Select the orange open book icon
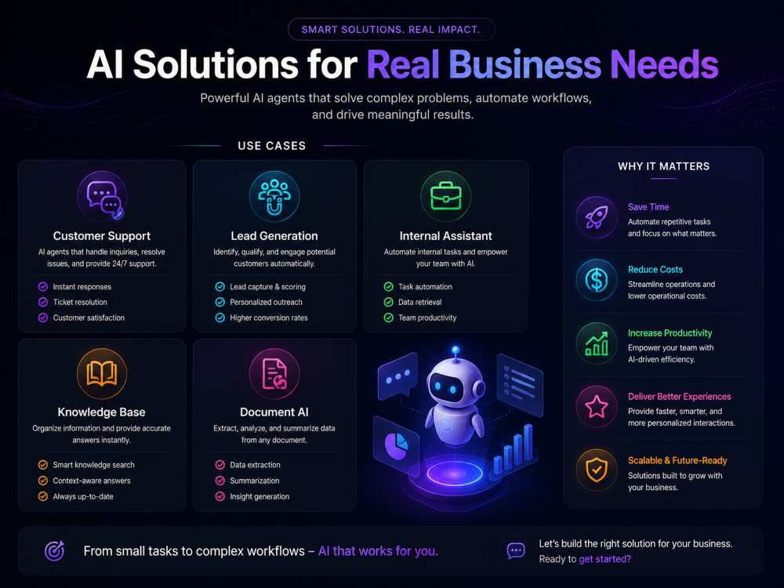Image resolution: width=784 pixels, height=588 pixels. [102, 373]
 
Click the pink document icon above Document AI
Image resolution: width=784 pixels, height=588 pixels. [274, 373]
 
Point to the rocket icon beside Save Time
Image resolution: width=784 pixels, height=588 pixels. [597, 217]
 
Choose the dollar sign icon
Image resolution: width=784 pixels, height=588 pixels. [597, 280]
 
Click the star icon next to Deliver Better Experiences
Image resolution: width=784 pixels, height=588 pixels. [597, 406]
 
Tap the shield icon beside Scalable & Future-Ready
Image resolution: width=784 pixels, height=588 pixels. [597, 470]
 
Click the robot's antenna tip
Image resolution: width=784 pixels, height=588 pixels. [456, 350]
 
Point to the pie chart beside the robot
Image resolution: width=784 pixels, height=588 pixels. [396, 445]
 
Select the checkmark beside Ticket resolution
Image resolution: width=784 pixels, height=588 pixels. [43, 302]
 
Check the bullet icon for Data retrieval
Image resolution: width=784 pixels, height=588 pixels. [389, 302]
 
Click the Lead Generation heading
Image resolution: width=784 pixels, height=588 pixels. [274, 236]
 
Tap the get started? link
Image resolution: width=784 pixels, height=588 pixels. [605, 559]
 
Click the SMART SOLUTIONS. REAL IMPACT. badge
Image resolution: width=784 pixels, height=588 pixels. [391, 30]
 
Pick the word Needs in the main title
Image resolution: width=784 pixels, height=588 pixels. [665, 64]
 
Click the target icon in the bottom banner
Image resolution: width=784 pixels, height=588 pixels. [55, 551]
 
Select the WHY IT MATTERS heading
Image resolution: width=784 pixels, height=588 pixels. [663, 166]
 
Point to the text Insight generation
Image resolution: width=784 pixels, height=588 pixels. [260, 496]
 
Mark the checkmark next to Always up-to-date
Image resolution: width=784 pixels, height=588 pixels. [43, 496]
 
